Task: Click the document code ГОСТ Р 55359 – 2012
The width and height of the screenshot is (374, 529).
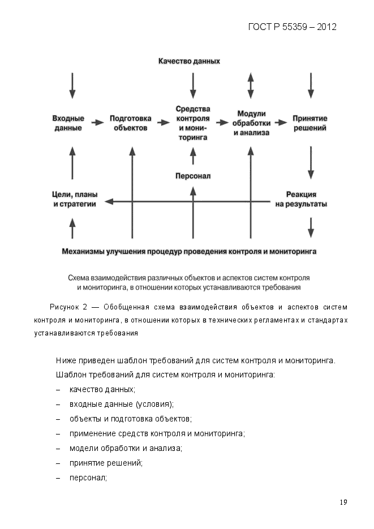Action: (292, 27)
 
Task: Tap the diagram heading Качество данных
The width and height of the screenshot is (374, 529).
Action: (189, 61)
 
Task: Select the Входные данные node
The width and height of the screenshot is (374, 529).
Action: (68, 123)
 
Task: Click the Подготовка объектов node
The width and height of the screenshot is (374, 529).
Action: (130, 123)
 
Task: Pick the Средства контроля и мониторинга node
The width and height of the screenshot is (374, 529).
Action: (193, 123)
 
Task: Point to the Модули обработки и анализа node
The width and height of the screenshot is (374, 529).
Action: (251, 123)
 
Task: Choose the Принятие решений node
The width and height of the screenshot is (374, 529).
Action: (309, 123)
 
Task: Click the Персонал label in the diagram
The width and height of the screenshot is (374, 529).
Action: (193, 176)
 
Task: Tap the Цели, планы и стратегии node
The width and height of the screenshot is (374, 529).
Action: (71, 199)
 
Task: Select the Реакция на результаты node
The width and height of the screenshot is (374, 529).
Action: (301, 199)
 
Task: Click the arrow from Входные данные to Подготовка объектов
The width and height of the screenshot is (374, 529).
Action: (98, 122)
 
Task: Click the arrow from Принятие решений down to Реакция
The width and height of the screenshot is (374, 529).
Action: (310, 163)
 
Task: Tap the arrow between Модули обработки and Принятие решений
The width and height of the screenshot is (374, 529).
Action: (280, 122)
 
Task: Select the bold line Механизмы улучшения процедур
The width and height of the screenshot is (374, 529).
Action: (189, 250)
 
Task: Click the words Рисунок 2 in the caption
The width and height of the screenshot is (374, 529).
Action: (68, 307)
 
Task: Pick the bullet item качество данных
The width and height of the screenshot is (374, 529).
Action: (102, 390)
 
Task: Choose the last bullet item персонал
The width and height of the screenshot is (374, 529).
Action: (88, 478)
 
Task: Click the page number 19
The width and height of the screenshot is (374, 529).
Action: (343, 502)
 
